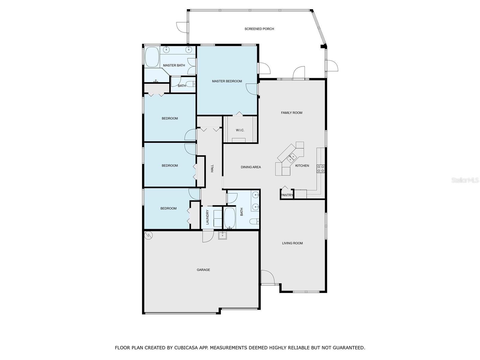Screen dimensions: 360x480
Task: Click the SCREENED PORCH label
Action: [259, 29]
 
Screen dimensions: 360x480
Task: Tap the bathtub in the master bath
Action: [152, 57]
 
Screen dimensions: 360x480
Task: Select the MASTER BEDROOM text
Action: [227, 81]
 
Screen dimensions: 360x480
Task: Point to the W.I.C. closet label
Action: [240, 130]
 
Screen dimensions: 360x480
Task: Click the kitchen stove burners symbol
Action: [321, 169]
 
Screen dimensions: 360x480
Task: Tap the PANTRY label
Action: [287, 195]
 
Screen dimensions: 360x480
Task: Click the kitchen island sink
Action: [292, 157]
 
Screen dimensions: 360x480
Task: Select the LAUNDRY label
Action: [207, 217]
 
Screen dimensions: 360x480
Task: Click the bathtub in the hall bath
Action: [230, 218]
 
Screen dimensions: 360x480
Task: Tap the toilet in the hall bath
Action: [254, 221]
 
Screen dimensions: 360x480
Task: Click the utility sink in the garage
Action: [222, 235]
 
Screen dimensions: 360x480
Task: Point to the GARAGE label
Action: [203, 270]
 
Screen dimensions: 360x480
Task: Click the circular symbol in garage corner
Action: [148, 235]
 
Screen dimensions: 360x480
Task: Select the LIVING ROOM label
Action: [292, 243]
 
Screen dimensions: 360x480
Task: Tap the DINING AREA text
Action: [251, 167]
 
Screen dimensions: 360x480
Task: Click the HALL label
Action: [212, 168]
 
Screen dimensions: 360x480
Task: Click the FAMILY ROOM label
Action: [292, 113]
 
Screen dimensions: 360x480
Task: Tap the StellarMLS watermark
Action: [465, 180]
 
